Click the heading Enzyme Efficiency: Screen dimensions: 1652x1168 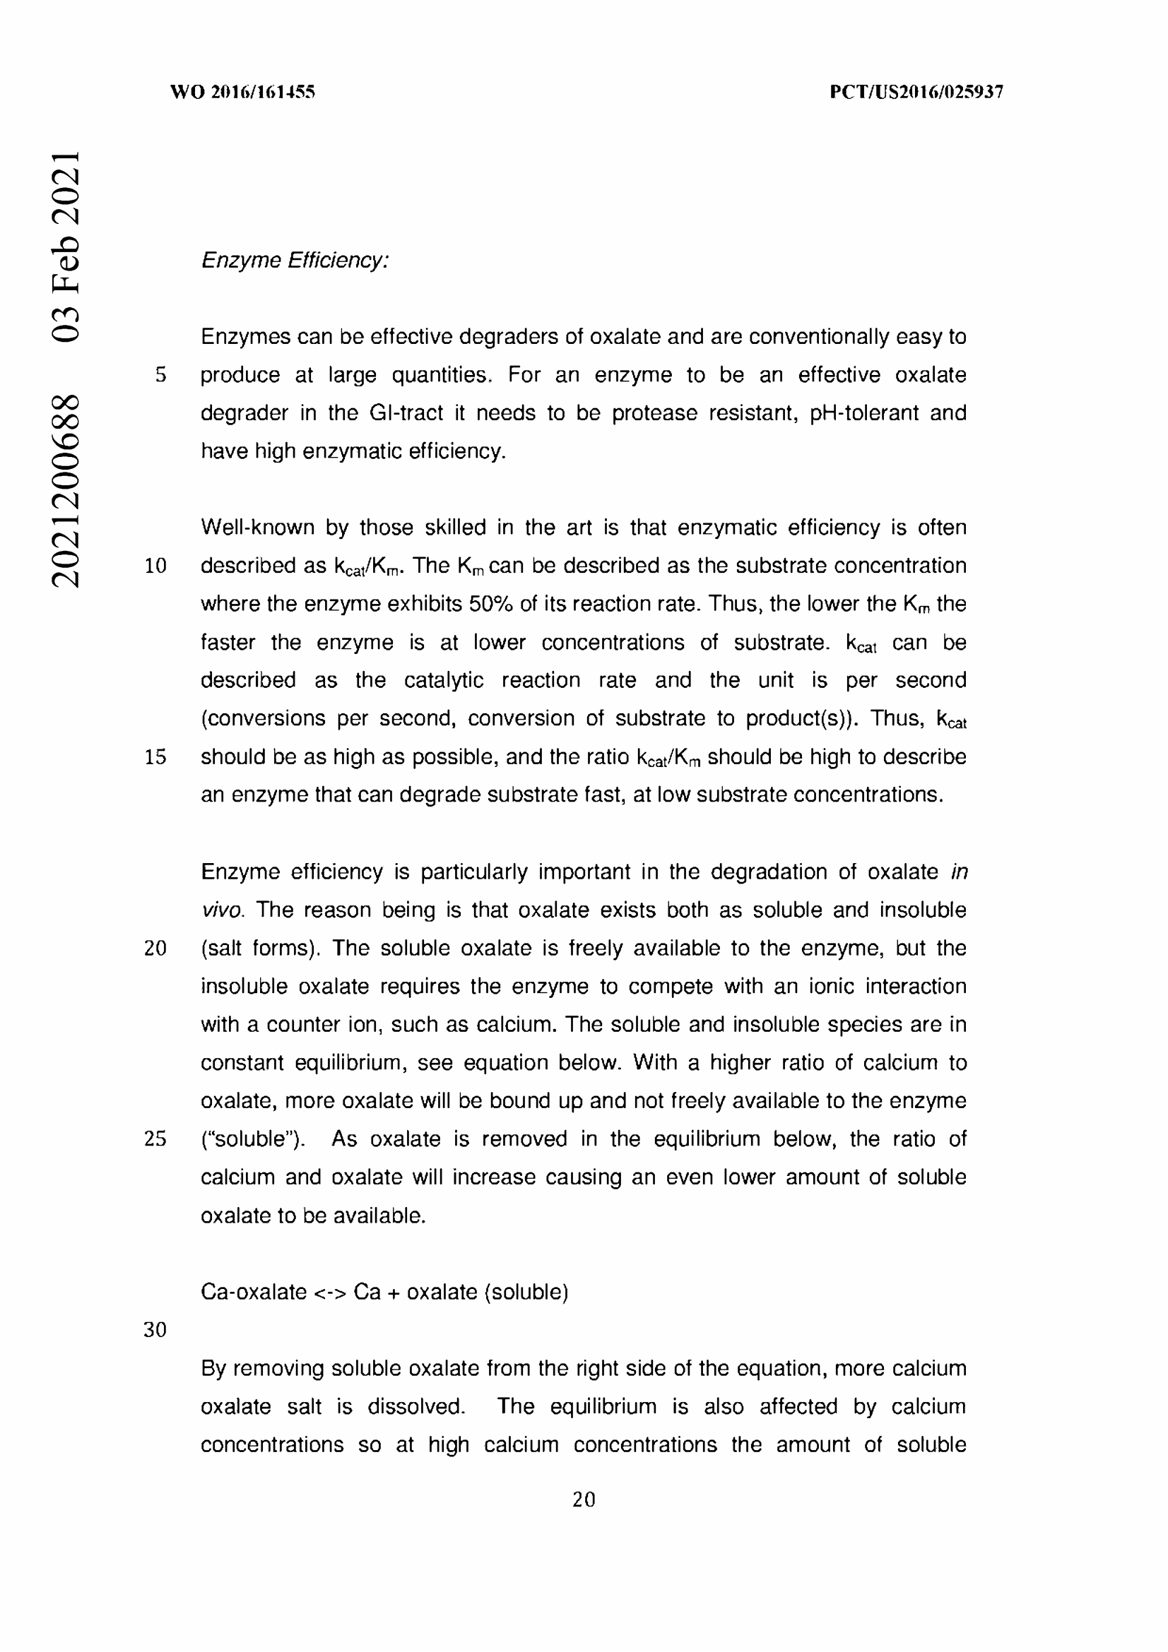(295, 260)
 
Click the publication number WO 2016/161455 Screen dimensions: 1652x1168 (242, 92)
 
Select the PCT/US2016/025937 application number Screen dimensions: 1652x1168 (916, 92)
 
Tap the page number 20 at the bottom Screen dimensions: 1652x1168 (584, 1499)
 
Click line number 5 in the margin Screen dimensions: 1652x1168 (160, 375)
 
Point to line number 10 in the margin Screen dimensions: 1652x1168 (155, 566)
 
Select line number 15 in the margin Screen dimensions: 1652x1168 (155, 757)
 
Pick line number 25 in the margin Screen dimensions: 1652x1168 (155, 1139)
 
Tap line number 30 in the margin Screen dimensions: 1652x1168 (155, 1330)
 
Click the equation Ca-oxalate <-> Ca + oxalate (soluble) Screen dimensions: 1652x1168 (384, 1292)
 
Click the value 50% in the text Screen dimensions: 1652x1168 (491, 604)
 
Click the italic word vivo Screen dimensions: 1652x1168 (223, 910)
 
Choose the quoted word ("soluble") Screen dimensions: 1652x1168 (252, 1139)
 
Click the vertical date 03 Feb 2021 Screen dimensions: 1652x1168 (66, 246)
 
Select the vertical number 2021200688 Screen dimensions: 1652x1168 (66, 490)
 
